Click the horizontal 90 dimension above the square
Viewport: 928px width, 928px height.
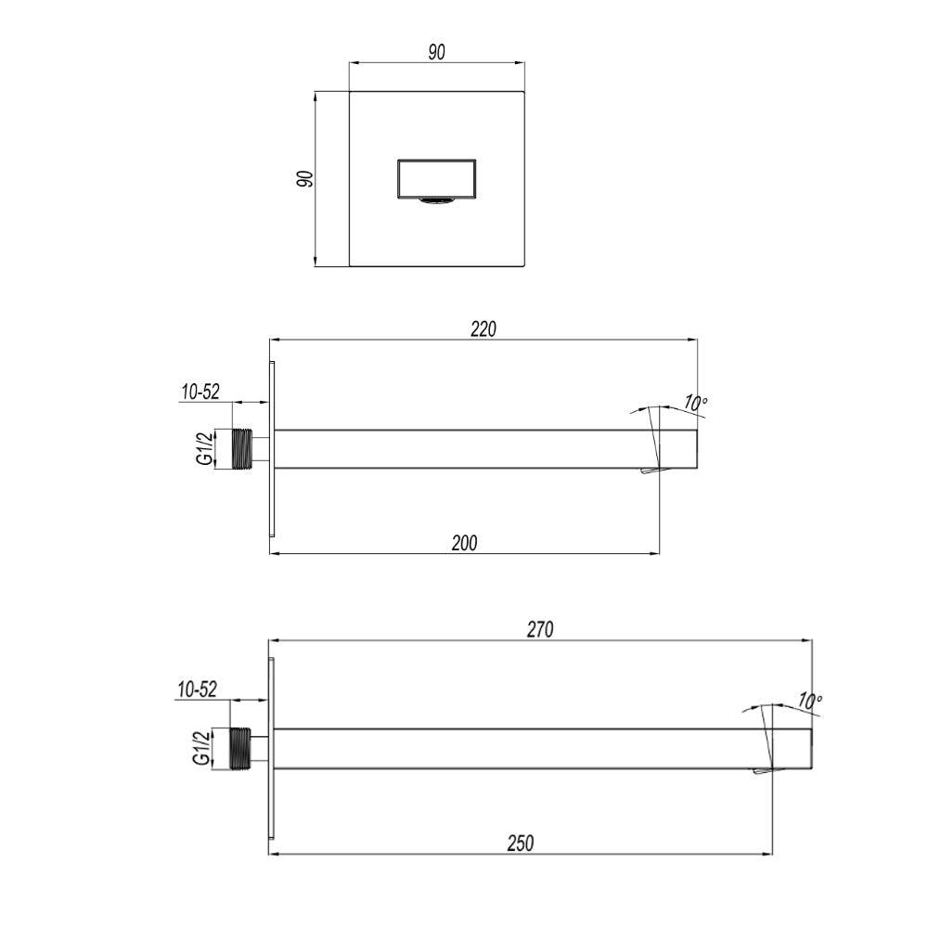pyautogui.click(x=436, y=53)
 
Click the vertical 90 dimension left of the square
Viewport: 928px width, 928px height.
pyautogui.click(x=304, y=179)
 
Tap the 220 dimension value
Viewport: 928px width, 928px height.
pyautogui.click(x=483, y=329)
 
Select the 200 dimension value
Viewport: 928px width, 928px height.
pyautogui.click(x=464, y=543)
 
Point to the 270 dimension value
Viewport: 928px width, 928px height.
pyautogui.click(x=540, y=630)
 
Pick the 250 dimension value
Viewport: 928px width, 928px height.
pyautogui.click(x=520, y=844)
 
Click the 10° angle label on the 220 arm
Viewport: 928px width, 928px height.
pyautogui.click(x=696, y=403)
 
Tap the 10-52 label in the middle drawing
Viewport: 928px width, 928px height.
pyautogui.click(x=200, y=393)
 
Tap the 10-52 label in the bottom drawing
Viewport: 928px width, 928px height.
pyautogui.click(x=196, y=690)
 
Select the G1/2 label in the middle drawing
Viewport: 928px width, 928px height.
pyautogui.click(x=205, y=449)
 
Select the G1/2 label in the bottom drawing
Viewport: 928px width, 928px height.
pyautogui.click(x=200, y=748)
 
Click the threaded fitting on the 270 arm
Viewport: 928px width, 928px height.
pyautogui.click(x=240, y=748)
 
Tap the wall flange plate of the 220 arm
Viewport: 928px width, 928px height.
pyautogui.click(x=272, y=448)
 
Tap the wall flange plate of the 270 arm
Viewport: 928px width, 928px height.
pyautogui.click(x=271, y=748)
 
